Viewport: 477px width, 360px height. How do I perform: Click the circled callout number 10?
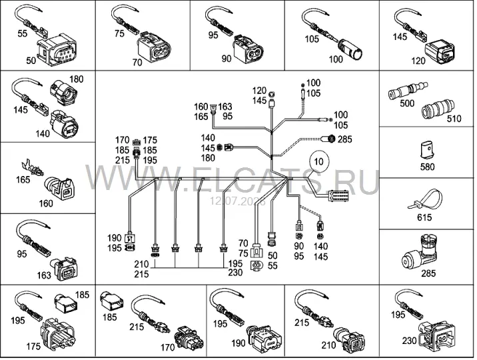point(318,161)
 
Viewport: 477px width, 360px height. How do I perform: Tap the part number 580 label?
point(427,167)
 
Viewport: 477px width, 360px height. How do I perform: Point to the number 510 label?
point(454,119)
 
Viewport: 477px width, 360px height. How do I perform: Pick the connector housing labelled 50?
point(57,51)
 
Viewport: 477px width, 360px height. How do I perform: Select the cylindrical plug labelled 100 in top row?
point(350,49)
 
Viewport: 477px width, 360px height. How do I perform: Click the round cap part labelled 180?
point(63,92)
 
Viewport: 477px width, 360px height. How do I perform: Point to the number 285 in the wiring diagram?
point(344,139)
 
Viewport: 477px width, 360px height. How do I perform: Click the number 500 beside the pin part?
point(407,103)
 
